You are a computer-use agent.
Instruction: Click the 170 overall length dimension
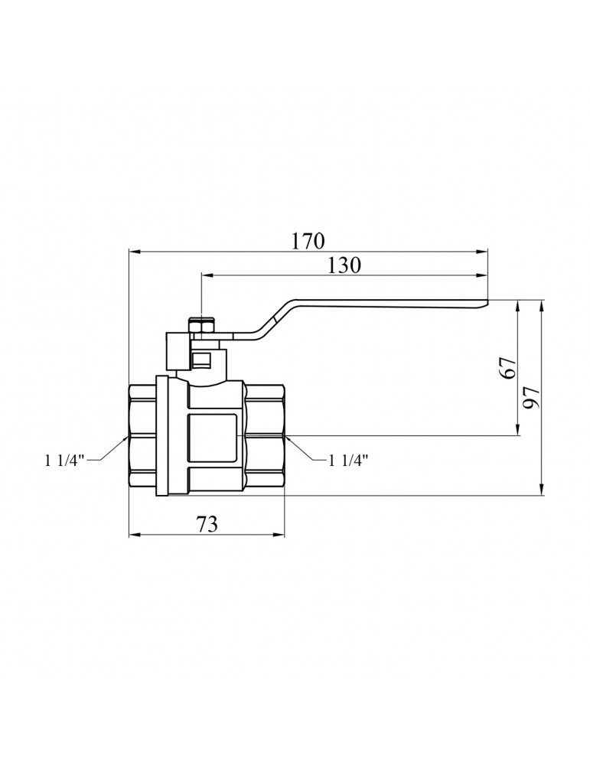click(308, 240)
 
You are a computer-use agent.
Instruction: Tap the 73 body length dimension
click(207, 524)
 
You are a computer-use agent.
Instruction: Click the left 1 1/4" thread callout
click(67, 460)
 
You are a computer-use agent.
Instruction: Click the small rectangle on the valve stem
click(202, 358)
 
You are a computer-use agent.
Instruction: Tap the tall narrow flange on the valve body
click(162, 436)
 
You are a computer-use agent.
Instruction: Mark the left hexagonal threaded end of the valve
click(142, 436)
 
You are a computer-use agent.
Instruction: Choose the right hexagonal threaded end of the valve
click(265, 436)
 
